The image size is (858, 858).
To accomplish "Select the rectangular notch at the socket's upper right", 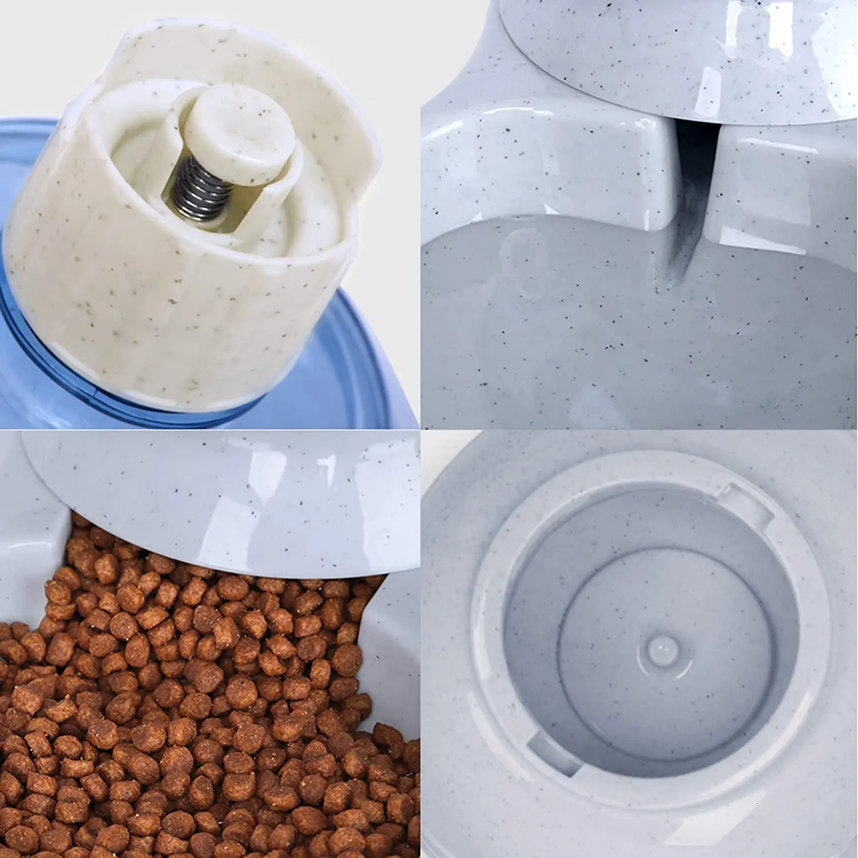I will (744, 503).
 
